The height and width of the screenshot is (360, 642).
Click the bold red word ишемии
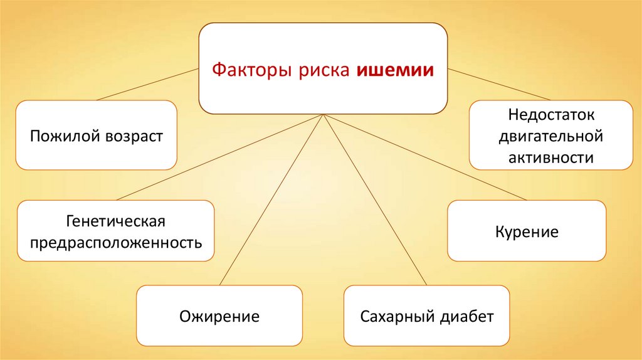tap(396, 70)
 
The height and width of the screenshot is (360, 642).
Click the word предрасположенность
tap(116, 241)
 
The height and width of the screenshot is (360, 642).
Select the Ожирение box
tap(219, 315)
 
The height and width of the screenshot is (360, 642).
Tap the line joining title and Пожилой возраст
tap(147, 85)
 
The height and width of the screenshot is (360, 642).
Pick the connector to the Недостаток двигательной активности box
tap(498, 84)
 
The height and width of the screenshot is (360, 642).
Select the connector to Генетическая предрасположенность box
tap(219, 158)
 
